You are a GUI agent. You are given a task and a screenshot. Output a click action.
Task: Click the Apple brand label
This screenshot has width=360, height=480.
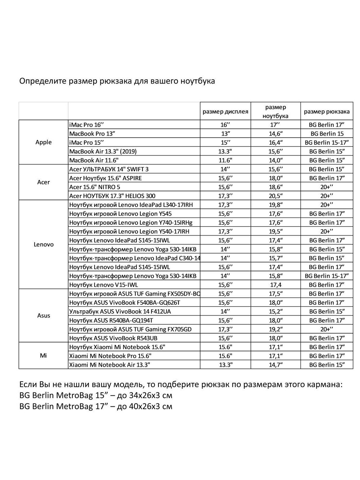pos(44,142)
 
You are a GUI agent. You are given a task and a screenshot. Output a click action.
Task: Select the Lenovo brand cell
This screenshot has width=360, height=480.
pos(44,244)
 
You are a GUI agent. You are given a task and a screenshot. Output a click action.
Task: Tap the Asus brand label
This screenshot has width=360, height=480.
pos(44,315)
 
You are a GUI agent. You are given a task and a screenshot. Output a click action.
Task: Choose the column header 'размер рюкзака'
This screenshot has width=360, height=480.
pos(326,112)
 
